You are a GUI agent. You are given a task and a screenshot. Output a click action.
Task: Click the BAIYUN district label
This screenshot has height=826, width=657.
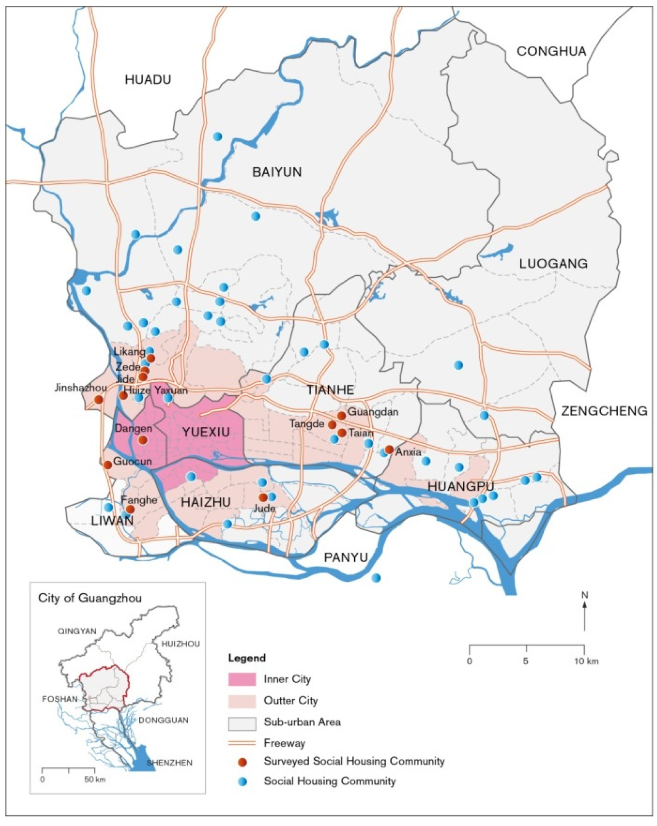pos(277,172)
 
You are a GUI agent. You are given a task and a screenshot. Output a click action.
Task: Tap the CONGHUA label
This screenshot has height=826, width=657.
pos(551,51)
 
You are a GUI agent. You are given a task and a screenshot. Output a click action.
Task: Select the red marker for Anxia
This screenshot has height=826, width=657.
pos(389,449)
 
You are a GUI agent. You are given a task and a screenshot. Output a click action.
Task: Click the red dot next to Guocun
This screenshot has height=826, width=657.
pos(107,465)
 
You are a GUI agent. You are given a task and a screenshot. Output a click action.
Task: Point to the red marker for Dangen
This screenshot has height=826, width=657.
pos(142,440)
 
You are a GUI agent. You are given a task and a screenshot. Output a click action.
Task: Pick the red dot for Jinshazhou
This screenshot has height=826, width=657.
pos(99,399)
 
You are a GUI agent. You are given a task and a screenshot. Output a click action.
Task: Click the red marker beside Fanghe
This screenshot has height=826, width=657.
pos(130,509)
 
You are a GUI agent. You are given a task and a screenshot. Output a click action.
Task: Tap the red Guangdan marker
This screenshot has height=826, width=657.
pos(341,416)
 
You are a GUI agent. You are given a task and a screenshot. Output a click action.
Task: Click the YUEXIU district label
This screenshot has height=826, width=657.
pos(206,432)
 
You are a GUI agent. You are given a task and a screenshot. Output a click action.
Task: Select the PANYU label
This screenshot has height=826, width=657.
pos(346,557)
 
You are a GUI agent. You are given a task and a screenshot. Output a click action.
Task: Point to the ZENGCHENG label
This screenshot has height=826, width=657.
pos(604,411)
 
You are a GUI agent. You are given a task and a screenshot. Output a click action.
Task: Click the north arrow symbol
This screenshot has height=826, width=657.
pos(584,614)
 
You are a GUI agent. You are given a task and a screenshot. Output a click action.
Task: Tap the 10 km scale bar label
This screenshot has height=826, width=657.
pos(586,661)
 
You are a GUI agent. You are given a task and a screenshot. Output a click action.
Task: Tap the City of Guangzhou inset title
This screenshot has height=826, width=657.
pos(90,598)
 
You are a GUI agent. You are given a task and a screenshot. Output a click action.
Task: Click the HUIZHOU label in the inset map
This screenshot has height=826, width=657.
pos(180,644)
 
